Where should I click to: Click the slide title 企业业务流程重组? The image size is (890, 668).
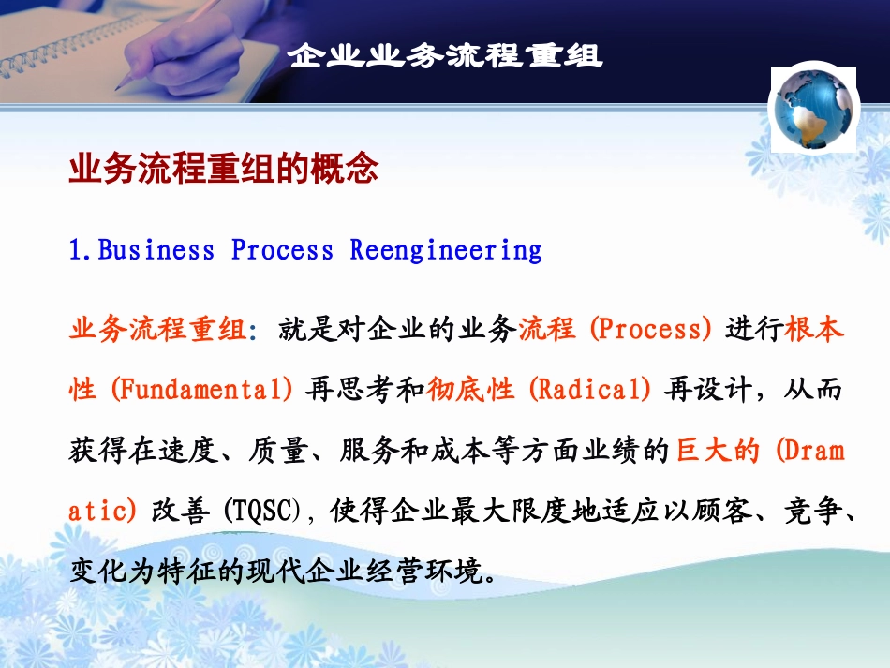point(445,55)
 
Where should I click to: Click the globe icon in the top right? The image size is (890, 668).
point(812,109)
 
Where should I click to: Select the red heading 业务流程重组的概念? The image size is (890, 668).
point(224,170)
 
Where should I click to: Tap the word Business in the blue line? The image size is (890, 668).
point(156,250)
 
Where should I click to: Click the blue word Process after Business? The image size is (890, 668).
point(282,250)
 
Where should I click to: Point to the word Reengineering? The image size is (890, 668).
point(446,250)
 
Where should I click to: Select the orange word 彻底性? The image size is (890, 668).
point(470,390)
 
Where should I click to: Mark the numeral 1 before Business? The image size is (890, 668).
point(76,250)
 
